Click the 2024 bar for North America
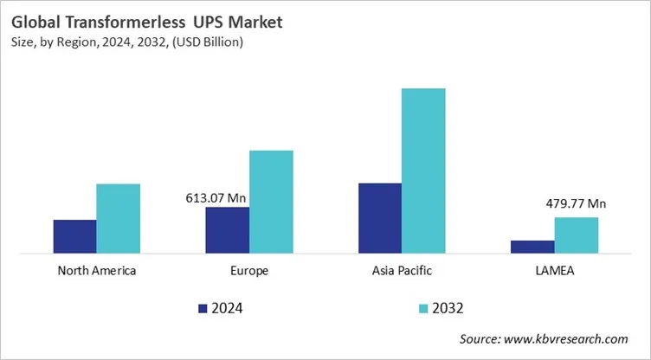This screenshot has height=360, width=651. tap(74, 236)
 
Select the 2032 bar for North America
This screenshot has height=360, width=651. tap(118, 219)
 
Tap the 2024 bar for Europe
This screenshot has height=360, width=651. tap(227, 230)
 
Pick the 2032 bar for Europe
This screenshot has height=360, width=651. tap(271, 202)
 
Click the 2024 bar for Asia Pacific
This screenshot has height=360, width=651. tap(379, 218)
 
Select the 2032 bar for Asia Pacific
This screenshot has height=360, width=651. tap(423, 170)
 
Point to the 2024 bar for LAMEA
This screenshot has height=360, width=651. tap(532, 247)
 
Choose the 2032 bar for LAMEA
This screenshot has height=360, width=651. tap(576, 235)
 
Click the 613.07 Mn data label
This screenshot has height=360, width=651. tap(216, 198)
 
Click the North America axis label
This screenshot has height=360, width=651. tap(96, 271)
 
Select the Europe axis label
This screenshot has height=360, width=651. tap(249, 271)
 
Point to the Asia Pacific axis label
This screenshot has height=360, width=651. tap(401, 271)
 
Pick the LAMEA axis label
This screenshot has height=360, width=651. tap(554, 271)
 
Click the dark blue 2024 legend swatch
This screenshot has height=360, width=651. tap(203, 307)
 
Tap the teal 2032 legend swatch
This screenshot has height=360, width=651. tap(423, 307)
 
